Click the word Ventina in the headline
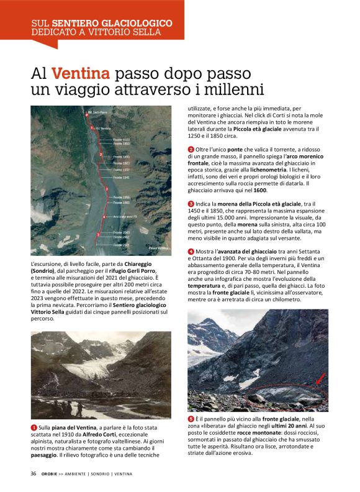tap(81, 73)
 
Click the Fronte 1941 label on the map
tap(122, 177)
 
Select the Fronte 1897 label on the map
tap(122, 163)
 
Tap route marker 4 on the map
tap(103, 217)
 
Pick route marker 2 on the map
tap(101, 153)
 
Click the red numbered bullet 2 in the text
tap(191, 149)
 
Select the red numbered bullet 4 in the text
tap(191, 251)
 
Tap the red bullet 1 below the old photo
tap(34, 428)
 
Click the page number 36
tap(34, 473)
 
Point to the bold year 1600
tap(260, 190)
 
